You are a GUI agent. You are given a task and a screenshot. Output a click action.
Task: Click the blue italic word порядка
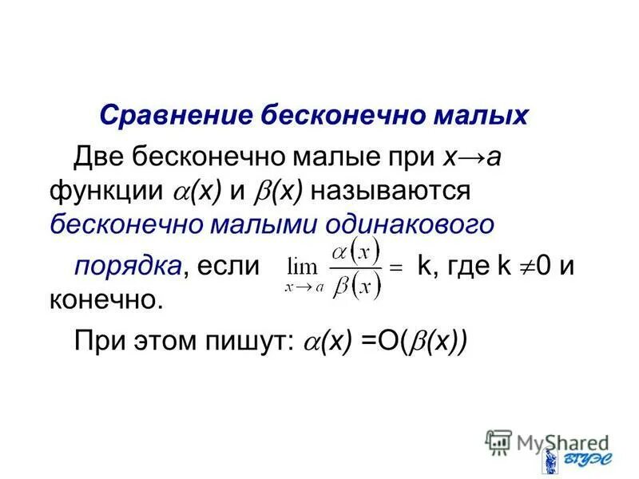(126, 266)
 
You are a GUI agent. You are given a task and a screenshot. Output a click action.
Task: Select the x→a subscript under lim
(304, 289)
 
